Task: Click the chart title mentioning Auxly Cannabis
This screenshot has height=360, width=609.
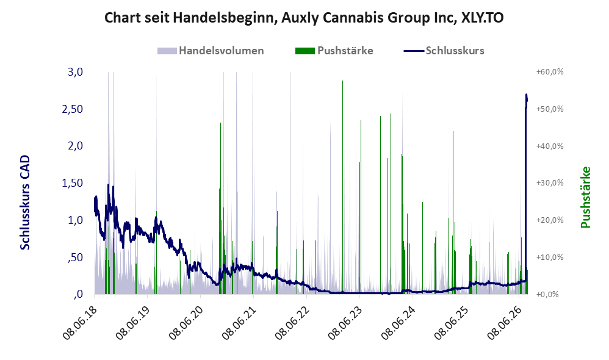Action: tap(304, 18)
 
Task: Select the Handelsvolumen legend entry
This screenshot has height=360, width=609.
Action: tap(211, 51)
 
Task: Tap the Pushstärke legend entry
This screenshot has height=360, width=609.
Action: tap(334, 51)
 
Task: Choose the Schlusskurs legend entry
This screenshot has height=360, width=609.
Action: tap(444, 51)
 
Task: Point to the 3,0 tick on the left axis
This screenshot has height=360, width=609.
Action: tap(75, 72)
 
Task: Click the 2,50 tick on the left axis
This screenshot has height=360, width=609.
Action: tap(73, 109)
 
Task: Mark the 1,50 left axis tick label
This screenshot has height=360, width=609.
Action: tap(73, 183)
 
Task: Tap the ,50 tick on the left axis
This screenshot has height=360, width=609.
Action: tap(75, 257)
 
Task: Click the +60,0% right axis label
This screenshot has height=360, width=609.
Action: tap(550, 72)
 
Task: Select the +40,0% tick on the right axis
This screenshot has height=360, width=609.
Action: tap(550, 146)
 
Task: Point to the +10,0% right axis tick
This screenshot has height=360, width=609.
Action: tap(550, 257)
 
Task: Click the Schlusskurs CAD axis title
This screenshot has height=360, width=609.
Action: tap(25, 203)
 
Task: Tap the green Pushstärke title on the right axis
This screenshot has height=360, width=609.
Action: tap(585, 197)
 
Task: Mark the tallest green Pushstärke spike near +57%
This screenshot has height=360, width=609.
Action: tap(342, 187)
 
